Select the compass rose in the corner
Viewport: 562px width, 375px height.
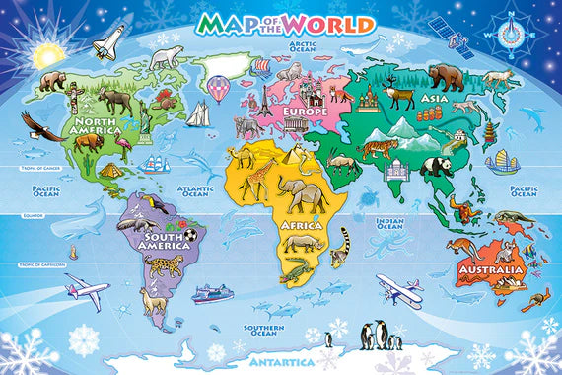511,33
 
